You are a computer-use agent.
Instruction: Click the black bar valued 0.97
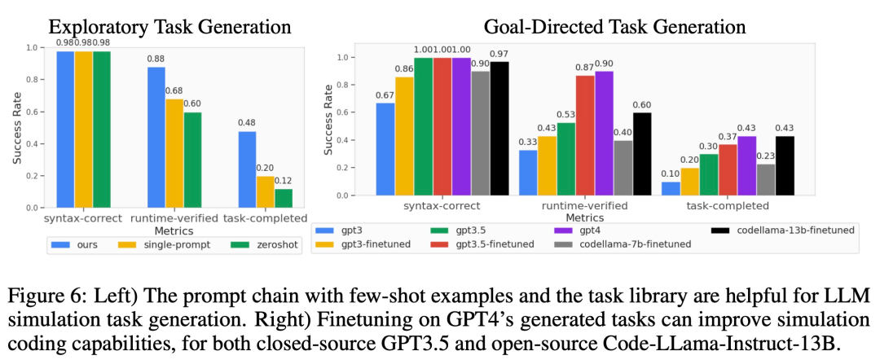499,129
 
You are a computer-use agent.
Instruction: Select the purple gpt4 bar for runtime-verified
604,134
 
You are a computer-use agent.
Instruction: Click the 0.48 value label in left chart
246,124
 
